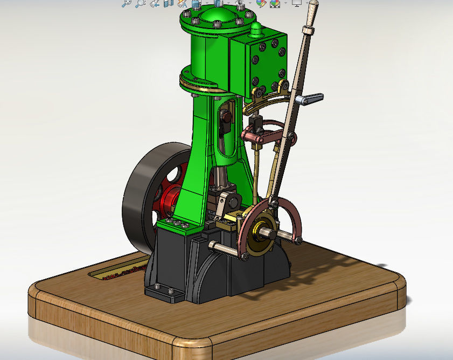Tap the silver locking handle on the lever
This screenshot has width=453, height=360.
tap(311, 99)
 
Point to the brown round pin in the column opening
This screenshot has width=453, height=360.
tap(227, 117)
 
